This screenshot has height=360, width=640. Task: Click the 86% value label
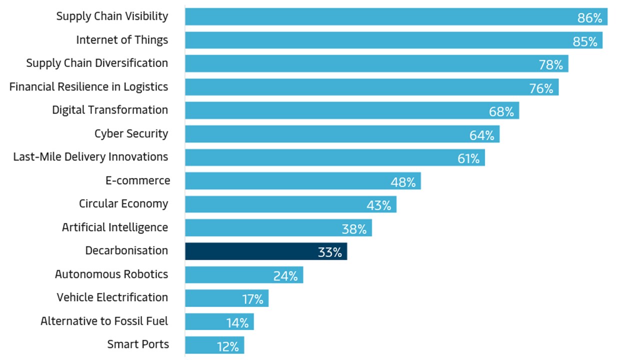coord(589,18)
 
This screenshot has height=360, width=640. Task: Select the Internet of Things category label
coord(122,40)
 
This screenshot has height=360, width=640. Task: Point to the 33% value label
coord(329,252)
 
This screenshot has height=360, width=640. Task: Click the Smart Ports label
coord(138,344)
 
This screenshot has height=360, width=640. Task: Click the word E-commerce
coord(137,180)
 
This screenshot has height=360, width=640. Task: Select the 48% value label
coord(403,182)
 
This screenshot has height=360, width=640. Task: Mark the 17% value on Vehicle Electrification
coord(252,299)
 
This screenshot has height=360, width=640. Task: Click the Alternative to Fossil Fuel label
coord(104,321)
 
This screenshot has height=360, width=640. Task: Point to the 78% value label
coord(550,65)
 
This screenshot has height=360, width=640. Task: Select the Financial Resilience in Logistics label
coord(88,87)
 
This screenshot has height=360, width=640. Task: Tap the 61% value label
coord(468,159)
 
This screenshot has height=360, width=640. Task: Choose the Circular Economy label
coord(123,204)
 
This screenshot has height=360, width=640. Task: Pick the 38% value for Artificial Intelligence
coord(354,229)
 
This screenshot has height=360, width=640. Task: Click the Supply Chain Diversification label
coord(97,63)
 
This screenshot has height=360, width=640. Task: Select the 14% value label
coord(237,323)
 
